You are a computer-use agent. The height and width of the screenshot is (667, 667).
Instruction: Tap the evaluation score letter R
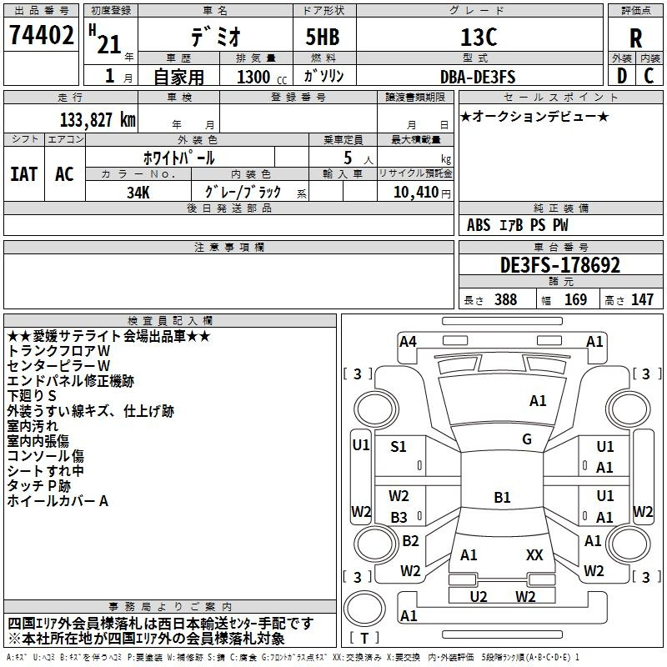(635, 38)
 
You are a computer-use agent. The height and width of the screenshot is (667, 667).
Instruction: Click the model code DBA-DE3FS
(478, 77)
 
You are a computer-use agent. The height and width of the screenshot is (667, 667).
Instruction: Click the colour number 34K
(138, 193)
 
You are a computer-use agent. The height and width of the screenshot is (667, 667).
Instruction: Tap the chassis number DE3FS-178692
(560, 265)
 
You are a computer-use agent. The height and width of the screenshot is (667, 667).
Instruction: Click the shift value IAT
(23, 174)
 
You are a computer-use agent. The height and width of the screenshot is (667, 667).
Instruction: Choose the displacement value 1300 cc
(254, 78)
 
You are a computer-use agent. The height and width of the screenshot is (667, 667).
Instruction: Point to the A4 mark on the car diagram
(408, 341)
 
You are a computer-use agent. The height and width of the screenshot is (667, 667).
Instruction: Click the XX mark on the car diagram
(534, 554)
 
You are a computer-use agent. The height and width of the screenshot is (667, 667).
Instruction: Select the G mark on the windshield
(527, 439)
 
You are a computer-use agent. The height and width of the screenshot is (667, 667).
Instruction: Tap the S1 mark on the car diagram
(399, 447)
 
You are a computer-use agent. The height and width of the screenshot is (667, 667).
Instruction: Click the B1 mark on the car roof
(502, 498)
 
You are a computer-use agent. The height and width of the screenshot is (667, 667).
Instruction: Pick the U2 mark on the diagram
(479, 596)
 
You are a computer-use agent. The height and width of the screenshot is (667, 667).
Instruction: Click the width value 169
(575, 299)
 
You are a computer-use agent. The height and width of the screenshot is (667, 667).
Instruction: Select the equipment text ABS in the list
(479, 225)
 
